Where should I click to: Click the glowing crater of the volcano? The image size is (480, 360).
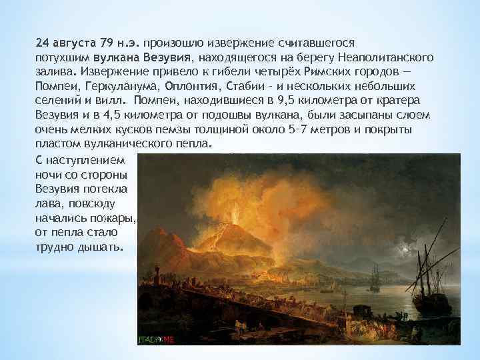[234, 220]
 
